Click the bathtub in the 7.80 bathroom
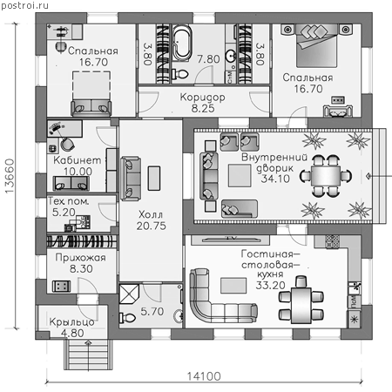[182, 43]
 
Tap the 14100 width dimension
[204, 376]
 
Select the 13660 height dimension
[10, 176]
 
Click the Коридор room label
[202, 97]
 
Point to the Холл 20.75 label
[152, 220]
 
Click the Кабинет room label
[78, 160]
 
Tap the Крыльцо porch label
[71, 321]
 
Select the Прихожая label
[81, 258]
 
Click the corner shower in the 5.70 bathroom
[129, 294]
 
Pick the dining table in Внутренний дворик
[326, 176]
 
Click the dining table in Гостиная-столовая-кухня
[301, 305]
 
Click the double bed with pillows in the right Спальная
[316, 46]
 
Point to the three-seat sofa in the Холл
[131, 179]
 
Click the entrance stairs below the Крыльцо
[88, 355]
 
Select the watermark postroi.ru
[24, 5]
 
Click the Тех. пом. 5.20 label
[69, 206]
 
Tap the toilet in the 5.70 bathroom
[127, 317]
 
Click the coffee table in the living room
[233, 286]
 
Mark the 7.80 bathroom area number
[208, 59]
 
